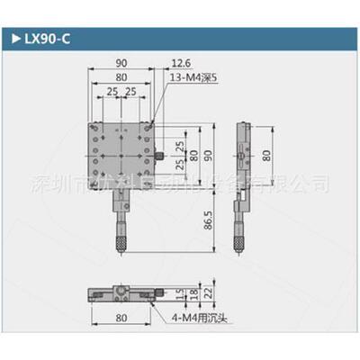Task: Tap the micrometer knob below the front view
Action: pyautogui.click(x=119, y=244)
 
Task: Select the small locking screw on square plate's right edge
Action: pyautogui.click(x=159, y=157)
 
